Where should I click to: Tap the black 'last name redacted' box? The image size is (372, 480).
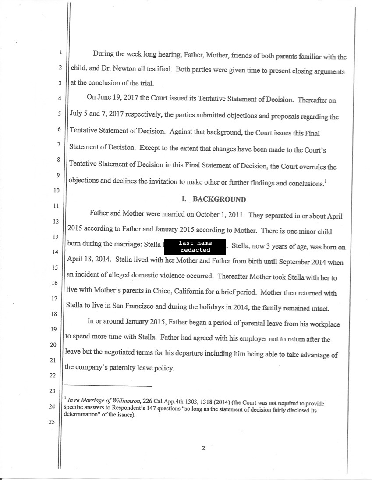tap(195, 246)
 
